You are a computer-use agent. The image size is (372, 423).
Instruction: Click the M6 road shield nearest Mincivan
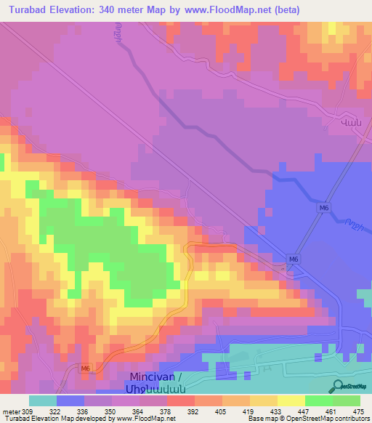pyautogui.click(x=85, y=368)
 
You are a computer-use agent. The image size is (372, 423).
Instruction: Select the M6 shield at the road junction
pyautogui.click(x=293, y=259)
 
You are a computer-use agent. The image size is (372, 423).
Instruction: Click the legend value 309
pyautogui.click(x=31, y=411)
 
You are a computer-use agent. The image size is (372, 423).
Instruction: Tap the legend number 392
pyautogui.click(x=193, y=411)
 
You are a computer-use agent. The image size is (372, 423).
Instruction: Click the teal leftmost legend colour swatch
pyautogui.click(x=42, y=400)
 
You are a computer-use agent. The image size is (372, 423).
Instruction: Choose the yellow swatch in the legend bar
pyautogui.click(x=291, y=400)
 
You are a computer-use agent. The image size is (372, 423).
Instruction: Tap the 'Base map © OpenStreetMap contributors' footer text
pyautogui.click(x=310, y=419)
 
